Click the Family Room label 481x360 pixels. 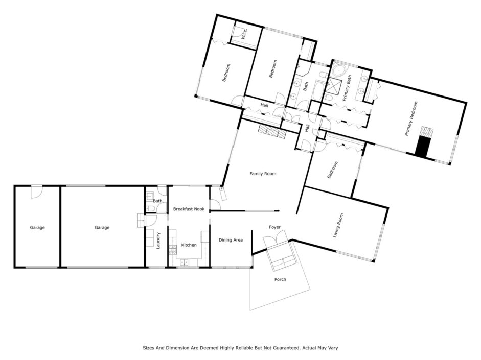[263, 174]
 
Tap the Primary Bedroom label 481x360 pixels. [411, 118]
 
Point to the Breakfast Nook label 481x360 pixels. [189, 209]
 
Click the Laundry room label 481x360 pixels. [158, 241]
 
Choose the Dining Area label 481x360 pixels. [231, 240]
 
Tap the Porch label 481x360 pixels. [280, 279]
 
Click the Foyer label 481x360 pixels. [274, 227]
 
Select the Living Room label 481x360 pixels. [338, 226]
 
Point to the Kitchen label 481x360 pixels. [189, 245]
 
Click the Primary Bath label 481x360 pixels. [347, 88]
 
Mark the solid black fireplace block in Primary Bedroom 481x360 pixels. [422, 147]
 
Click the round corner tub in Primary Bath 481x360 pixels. [339, 70]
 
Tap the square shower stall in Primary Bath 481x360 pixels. [333, 86]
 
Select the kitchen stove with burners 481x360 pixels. [173, 250]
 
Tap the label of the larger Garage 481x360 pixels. [102, 227]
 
